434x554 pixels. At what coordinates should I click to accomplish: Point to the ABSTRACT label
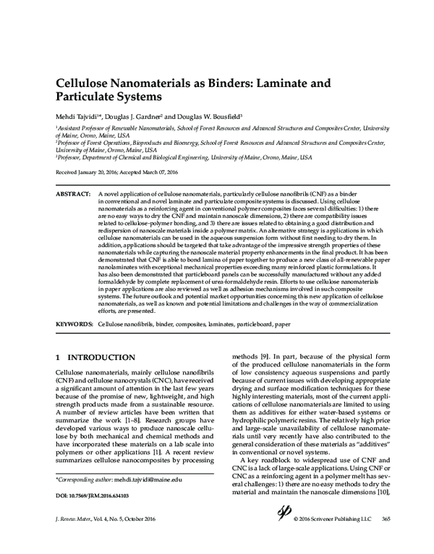click(x=72, y=196)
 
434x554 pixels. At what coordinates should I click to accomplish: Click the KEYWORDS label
click(x=74, y=324)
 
